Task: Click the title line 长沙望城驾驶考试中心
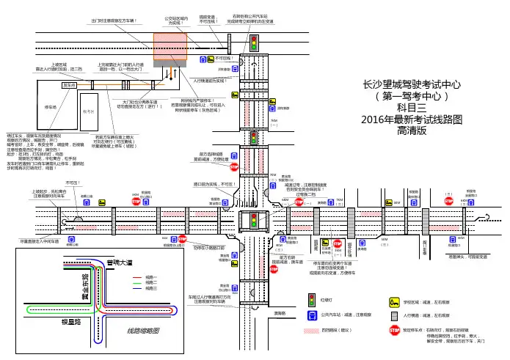click(416, 84)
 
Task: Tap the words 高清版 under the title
click(416, 131)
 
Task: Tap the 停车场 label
click(51, 106)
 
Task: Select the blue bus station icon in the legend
click(313, 315)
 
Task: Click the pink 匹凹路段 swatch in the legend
click(313, 331)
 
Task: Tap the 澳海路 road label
click(280, 312)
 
